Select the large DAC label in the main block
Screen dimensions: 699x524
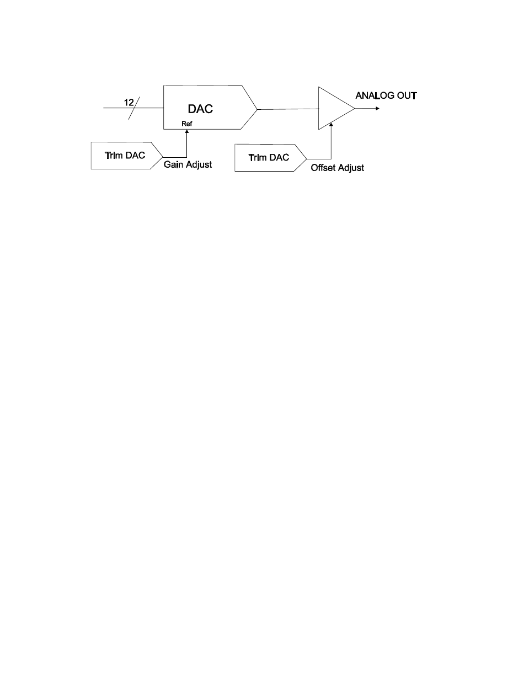click(200, 109)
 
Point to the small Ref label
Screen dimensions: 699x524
click(186, 124)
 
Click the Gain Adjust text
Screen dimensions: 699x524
click(188, 164)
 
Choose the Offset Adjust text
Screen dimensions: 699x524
click(337, 168)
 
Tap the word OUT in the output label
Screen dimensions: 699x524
click(407, 96)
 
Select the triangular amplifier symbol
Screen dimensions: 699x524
click(334, 109)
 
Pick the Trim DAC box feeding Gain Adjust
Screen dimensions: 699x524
click(126, 155)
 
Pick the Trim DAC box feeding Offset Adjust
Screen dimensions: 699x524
click(269, 158)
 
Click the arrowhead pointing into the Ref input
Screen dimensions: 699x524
click(187, 132)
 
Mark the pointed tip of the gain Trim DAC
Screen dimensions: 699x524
click(163, 156)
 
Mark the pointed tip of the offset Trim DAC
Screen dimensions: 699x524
click(306, 158)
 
